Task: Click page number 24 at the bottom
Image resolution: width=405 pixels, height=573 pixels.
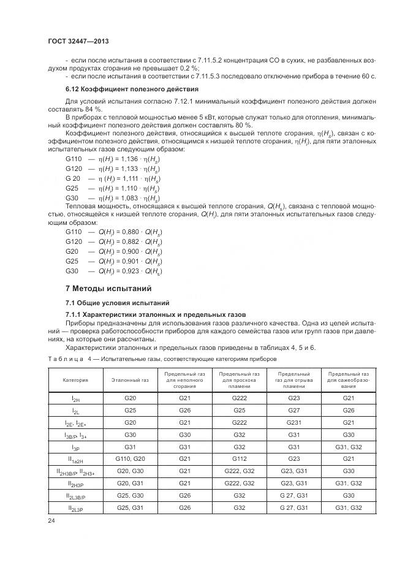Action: [x=51, y=520]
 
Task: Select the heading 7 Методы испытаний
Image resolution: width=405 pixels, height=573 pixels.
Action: [x=109, y=289]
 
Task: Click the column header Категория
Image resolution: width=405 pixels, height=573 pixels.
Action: [x=75, y=380]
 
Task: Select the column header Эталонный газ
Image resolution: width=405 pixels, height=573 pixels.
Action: [x=130, y=380]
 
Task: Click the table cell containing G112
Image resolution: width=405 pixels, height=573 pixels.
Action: [x=240, y=459]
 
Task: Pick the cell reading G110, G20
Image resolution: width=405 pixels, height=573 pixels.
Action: [x=130, y=459]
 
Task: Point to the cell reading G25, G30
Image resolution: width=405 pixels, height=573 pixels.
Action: [x=130, y=495]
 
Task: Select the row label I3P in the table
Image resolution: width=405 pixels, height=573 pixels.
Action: [x=75, y=447]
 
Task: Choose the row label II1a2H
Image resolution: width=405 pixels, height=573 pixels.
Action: [x=75, y=460]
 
